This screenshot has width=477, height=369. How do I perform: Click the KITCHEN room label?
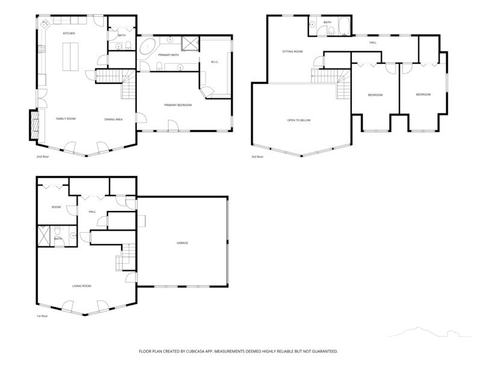[x=69, y=33]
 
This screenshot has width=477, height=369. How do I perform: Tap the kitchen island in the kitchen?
[x=70, y=57]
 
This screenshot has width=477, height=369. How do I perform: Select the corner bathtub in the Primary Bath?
[x=148, y=46]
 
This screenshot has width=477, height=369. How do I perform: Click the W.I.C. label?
[x=215, y=62]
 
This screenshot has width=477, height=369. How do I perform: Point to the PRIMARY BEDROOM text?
[x=178, y=105]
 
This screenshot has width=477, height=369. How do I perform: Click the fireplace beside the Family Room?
[x=34, y=125]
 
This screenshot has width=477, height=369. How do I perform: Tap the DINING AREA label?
[x=113, y=119]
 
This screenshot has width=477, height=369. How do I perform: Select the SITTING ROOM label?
[x=292, y=51]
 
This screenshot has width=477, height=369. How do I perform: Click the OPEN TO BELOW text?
[x=299, y=120]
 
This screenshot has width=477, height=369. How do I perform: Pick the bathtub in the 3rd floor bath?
[x=344, y=26]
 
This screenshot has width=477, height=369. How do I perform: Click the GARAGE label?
[x=182, y=243]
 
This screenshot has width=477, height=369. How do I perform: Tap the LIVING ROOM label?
[x=81, y=286]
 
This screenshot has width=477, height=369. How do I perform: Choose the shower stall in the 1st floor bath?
[x=43, y=235]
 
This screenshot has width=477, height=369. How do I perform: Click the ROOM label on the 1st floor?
[x=56, y=207]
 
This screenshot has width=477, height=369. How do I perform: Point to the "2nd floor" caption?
[x=43, y=157]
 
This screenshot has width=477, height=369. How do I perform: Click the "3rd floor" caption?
[x=257, y=157]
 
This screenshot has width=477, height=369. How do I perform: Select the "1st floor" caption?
[x=42, y=316]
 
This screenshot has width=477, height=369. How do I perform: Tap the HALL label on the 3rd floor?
[x=373, y=43]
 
